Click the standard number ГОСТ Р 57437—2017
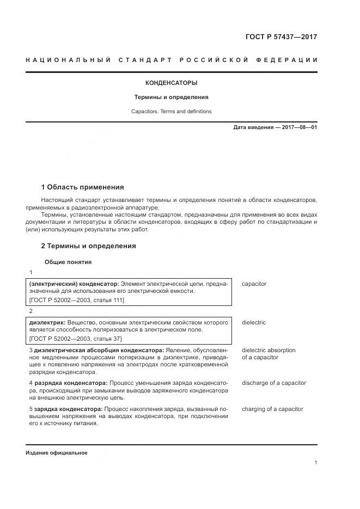(x=281, y=37)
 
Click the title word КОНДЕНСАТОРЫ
(x=172, y=83)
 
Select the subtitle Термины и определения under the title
(x=172, y=97)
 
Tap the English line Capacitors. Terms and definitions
(x=172, y=112)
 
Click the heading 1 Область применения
(x=83, y=187)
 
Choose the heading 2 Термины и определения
(x=89, y=246)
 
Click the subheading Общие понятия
(x=68, y=262)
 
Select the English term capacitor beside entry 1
(x=254, y=284)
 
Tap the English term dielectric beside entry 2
(x=254, y=323)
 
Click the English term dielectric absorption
(x=269, y=350)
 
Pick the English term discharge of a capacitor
(x=274, y=383)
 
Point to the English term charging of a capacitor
(x=272, y=409)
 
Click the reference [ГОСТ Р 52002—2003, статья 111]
(x=76, y=300)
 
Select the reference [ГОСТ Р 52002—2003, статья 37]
(x=75, y=338)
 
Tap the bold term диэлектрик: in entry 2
(x=47, y=323)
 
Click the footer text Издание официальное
(x=56, y=452)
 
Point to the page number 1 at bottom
(x=316, y=463)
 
